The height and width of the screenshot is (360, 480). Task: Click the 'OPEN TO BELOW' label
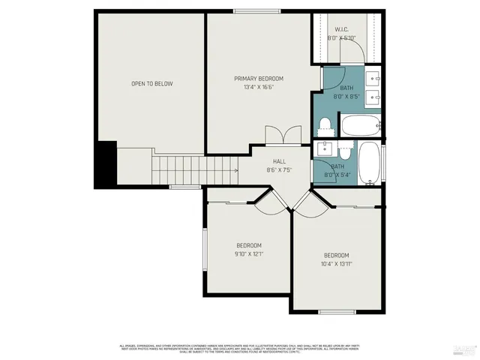(152, 83)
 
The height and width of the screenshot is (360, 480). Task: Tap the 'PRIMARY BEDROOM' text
(259, 78)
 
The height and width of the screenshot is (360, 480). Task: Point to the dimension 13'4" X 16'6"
(259, 87)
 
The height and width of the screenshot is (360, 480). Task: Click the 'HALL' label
(279, 161)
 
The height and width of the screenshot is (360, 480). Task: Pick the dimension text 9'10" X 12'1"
(249, 254)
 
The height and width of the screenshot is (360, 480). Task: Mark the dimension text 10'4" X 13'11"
(337, 264)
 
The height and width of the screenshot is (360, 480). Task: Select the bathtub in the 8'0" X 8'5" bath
(360, 124)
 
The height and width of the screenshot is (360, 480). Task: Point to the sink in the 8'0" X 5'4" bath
(325, 146)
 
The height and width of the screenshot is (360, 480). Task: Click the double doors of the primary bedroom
(276, 136)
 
